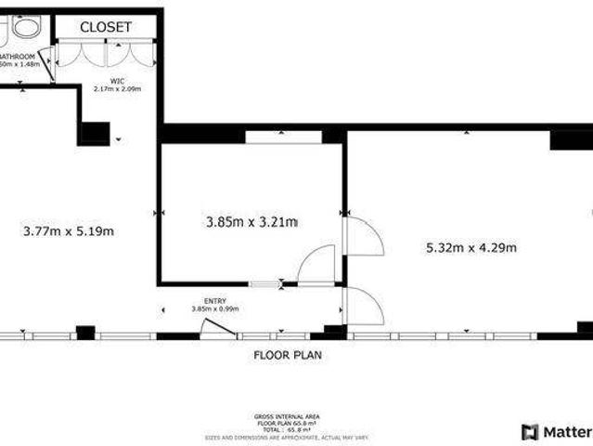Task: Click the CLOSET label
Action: point(105,27)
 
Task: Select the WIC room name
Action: point(116,81)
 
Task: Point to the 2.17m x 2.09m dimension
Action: point(116,89)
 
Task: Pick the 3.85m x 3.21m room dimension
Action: point(250,222)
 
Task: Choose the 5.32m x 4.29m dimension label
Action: point(471,247)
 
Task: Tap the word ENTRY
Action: point(215,301)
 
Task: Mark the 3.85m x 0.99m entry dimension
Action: point(215,308)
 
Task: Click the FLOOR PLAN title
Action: point(289,355)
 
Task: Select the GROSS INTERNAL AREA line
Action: point(287,415)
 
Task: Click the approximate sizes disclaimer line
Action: point(287,436)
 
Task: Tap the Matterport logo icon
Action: point(529,431)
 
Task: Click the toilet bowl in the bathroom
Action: point(25,27)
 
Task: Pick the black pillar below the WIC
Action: point(94,132)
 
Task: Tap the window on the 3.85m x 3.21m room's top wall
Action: point(283,137)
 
